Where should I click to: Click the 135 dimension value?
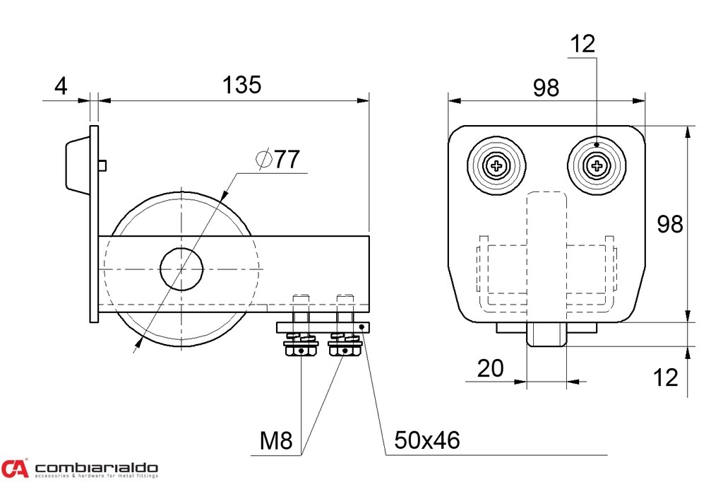pyautogui.click(x=242, y=85)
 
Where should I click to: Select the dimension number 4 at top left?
pyautogui.click(x=61, y=86)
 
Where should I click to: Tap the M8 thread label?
pyautogui.click(x=275, y=441)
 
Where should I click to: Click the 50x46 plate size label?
pyautogui.click(x=426, y=441)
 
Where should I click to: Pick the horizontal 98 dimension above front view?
pyautogui.click(x=546, y=88)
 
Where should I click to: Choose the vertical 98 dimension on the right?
pyautogui.click(x=670, y=224)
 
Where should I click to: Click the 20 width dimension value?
pyautogui.click(x=491, y=368)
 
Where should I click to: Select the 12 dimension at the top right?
pyautogui.click(x=582, y=44)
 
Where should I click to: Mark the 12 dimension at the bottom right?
pyautogui.click(x=665, y=377)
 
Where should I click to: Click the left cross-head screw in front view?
pyautogui.click(x=498, y=167)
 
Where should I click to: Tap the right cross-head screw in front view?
pyautogui.click(x=597, y=167)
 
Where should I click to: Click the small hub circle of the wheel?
pyautogui.click(x=181, y=269)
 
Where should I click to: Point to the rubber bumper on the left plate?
pyautogui.click(x=76, y=164)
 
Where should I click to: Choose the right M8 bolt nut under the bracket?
pyautogui.click(x=345, y=348)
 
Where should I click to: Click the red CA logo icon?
pyautogui.click(x=15, y=468)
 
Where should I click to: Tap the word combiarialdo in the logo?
pyautogui.click(x=96, y=468)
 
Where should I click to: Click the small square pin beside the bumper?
pyautogui.click(x=103, y=165)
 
